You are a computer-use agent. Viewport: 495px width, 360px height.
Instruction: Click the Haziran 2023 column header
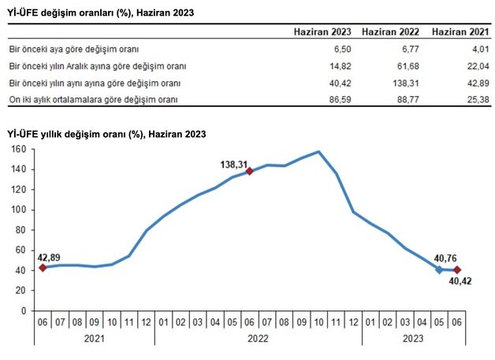(322, 32)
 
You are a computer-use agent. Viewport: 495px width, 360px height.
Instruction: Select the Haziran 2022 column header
(390, 32)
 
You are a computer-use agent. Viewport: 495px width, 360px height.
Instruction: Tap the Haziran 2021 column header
(460, 32)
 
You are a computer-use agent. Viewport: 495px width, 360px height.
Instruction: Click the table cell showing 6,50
(339, 49)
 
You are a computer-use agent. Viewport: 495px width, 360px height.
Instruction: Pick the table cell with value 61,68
(407, 66)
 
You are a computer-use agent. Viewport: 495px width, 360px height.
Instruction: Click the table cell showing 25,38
(475, 100)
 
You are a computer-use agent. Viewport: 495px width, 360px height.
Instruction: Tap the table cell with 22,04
(475, 66)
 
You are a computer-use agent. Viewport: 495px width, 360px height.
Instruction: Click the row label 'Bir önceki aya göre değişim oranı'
(73, 49)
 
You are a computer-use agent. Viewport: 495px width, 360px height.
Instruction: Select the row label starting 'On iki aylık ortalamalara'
(92, 100)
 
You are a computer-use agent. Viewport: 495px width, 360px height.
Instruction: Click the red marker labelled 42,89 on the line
(43, 268)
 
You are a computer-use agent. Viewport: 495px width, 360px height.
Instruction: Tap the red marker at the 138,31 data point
(249, 171)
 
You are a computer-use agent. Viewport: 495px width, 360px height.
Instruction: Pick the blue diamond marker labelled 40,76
(439, 269)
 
